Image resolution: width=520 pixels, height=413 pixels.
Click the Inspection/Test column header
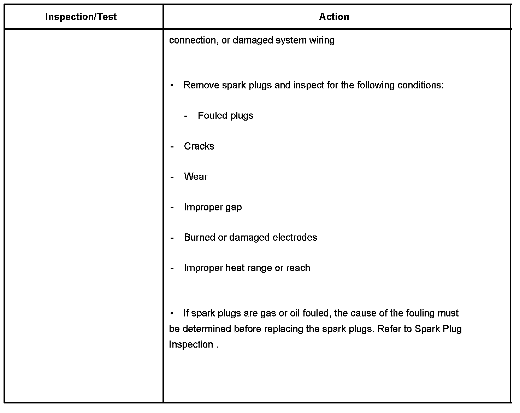click(x=81, y=17)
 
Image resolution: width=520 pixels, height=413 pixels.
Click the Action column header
click(x=334, y=17)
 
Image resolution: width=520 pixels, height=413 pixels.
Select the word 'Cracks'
click(x=199, y=146)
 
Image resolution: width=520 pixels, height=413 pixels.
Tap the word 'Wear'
click(x=195, y=177)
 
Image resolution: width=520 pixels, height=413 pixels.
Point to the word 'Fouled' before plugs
click(x=211, y=116)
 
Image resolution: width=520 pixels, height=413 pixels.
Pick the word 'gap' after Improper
click(x=233, y=207)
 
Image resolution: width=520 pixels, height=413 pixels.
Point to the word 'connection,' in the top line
click(x=193, y=40)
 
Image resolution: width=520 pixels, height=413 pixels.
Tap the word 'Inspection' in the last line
click(x=191, y=344)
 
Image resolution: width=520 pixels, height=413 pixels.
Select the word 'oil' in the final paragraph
click(x=295, y=313)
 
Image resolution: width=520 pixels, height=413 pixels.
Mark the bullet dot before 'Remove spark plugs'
click(x=172, y=86)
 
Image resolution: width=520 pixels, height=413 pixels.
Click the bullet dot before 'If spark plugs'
click(x=172, y=313)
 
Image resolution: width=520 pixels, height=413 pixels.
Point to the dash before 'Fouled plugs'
click(x=186, y=116)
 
